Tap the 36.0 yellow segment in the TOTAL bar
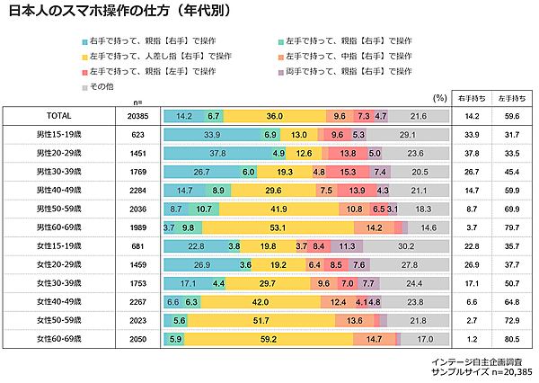(276, 116)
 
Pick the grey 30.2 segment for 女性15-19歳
(405, 246)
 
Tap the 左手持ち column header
(512, 96)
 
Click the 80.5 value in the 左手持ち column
(512, 339)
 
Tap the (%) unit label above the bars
(439, 96)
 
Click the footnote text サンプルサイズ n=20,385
(482, 371)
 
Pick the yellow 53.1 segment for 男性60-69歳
(277, 227)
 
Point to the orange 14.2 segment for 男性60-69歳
(374, 227)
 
